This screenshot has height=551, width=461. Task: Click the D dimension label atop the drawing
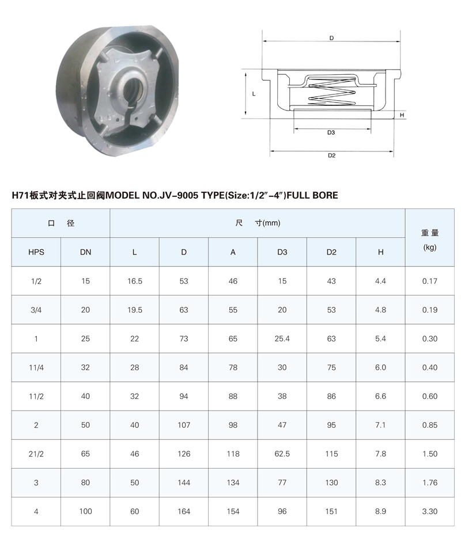click(331, 38)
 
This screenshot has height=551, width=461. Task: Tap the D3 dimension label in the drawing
click(331, 132)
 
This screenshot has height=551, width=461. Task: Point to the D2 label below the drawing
click(331, 155)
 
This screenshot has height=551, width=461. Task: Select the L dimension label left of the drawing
click(254, 94)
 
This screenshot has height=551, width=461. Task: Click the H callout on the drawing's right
click(402, 115)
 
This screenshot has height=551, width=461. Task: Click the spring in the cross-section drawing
click(331, 92)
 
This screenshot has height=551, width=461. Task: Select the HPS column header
click(36, 252)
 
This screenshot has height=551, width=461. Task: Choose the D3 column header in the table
click(282, 252)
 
